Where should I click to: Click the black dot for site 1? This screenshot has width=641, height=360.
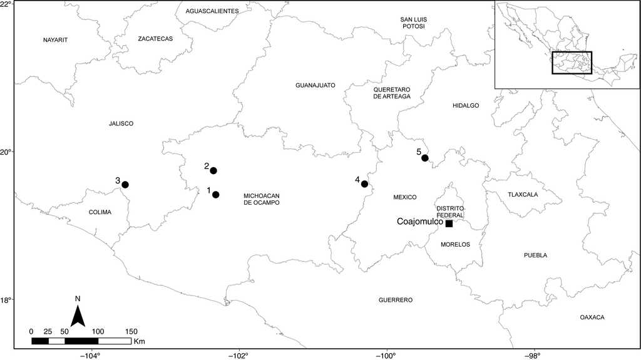coord(216,195)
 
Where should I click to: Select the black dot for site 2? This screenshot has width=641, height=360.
coord(213,171)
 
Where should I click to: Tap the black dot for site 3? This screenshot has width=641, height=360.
coord(125,185)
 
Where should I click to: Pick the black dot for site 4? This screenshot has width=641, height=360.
coord(364,184)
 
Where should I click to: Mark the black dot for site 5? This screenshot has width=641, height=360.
coord(425,158)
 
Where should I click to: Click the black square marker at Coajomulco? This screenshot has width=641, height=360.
coord(449,224)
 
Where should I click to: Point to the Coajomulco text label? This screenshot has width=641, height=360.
coord(420,222)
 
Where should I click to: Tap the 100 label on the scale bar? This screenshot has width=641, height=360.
coord(98,331)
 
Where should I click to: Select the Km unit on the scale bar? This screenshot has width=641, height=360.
coord(139,342)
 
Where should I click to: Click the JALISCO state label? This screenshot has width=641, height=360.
coord(121,124)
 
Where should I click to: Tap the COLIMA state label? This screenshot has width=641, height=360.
coord(100,212)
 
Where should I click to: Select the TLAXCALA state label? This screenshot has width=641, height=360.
coord(523,195)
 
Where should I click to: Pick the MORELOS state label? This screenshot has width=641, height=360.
coord(455,245)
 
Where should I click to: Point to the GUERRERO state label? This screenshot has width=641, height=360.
coord(396,300)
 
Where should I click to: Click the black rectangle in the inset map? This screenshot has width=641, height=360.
coord(572,63)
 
